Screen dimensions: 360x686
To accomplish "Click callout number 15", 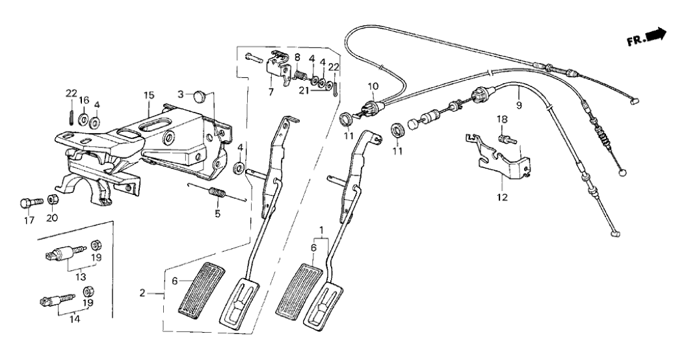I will (x=150, y=96).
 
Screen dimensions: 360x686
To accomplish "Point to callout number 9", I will (x=518, y=104).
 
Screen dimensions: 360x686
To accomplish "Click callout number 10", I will (x=372, y=86).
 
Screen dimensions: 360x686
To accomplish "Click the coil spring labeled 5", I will (x=217, y=193).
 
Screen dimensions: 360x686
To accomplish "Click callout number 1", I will (x=321, y=229).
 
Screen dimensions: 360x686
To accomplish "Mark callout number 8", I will (x=297, y=57).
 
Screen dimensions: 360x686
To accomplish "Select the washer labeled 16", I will (x=84, y=120).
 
